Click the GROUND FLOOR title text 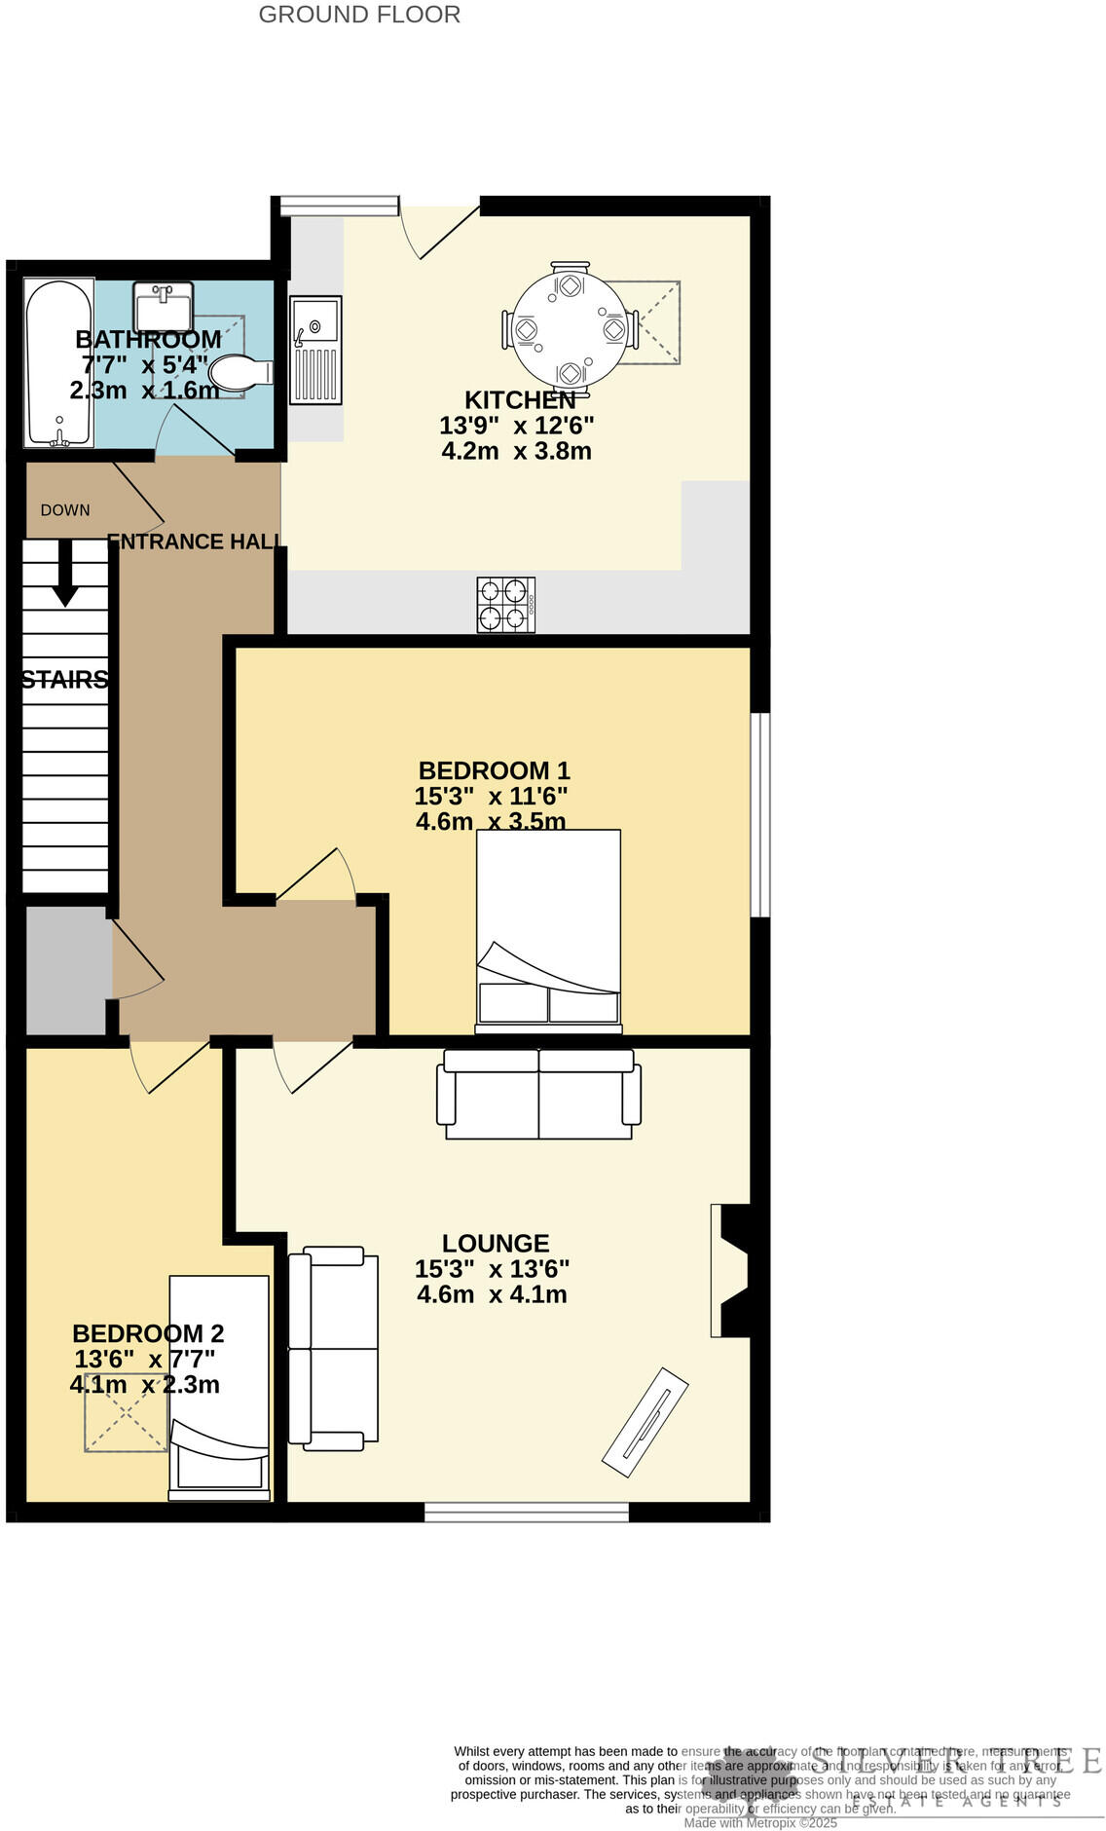[359, 15]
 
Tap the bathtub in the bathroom [58, 363]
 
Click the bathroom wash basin [163, 308]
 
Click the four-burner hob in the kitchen [505, 605]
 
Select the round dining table [570, 329]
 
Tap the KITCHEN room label [520, 400]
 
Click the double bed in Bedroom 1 [548, 930]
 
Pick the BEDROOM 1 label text [494, 770]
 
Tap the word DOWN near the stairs [65, 510]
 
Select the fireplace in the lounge [732, 1270]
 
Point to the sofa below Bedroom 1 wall [538, 1094]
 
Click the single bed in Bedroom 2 [219, 1387]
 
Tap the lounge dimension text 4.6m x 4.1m [492, 1294]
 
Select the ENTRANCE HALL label [195, 542]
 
